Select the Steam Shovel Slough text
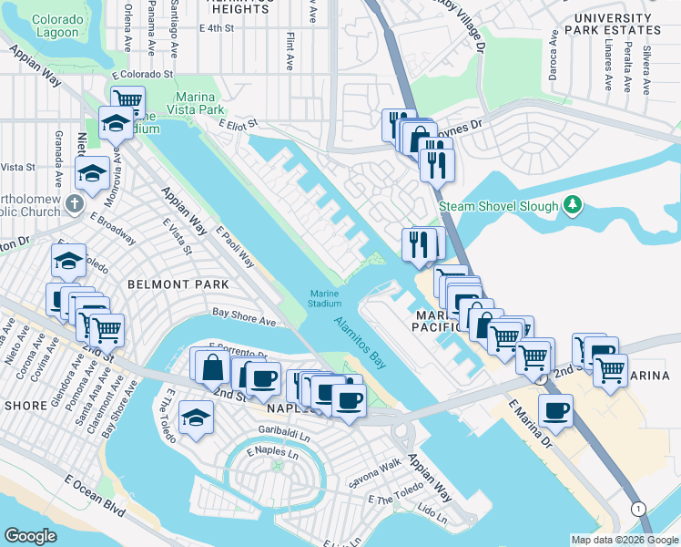[498, 206]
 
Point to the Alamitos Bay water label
[361, 342]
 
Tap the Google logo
[31, 536]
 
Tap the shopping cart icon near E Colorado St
[127, 100]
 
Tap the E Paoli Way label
[236, 249]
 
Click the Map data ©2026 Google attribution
[624, 539]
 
